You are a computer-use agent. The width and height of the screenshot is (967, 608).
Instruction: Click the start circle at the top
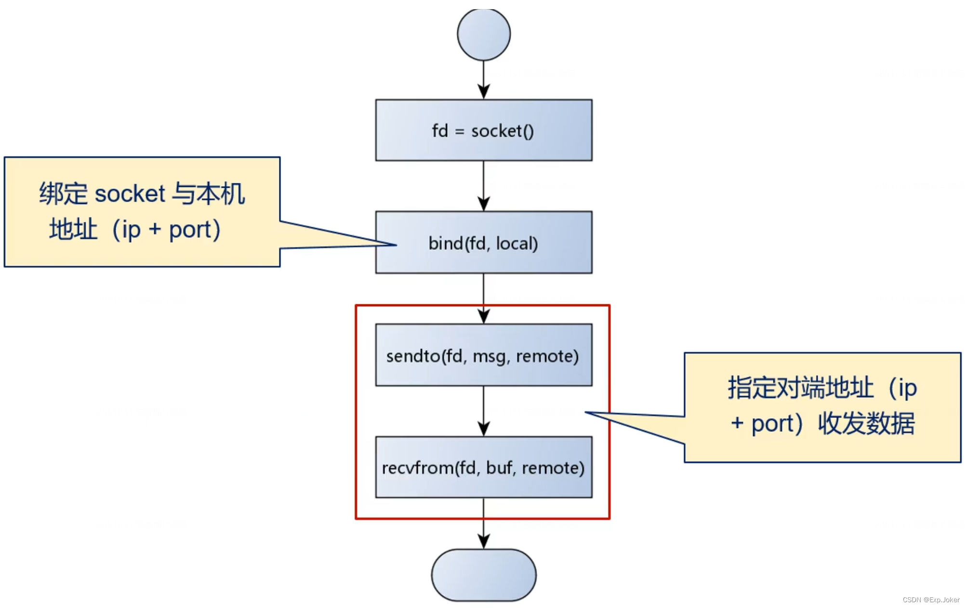pyautogui.click(x=483, y=34)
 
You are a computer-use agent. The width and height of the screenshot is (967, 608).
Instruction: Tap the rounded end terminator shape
pyautogui.click(x=483, y=575)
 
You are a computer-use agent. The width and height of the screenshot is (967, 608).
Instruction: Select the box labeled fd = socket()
pyautogui.click(x=483, y=130)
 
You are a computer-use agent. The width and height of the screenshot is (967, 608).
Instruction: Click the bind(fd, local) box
pyautogui.click(x=483, y=243)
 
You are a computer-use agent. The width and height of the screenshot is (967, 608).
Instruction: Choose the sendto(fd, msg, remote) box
pyautogui.click(x=483, y=355)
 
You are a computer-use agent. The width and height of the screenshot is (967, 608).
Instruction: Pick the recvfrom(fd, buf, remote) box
pyautogui.click(x=483, y=467)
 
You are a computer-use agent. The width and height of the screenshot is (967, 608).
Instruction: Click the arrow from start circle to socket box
pyautogui.click(x=483, y=79)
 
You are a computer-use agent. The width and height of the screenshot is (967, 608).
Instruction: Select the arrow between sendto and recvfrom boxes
pyautogui.click(x=483, y=411)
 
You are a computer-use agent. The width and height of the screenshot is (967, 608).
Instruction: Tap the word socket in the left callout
pyautogui.click(x=130, y=194)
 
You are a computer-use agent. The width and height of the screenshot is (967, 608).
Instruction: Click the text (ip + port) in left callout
pyautogui.click(x=166, y=230)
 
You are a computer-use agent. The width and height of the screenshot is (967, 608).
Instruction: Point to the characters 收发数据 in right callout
pyautogui.click(x=866, y=424)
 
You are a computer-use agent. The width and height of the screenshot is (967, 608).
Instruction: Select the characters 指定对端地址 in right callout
pyautogui.click(x=800, y=388)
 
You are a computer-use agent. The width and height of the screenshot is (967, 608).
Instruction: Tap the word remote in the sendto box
pyautogui.click(x=547, y=356)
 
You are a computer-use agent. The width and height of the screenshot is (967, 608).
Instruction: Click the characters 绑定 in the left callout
pyautogui.click(x=63, y=194)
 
